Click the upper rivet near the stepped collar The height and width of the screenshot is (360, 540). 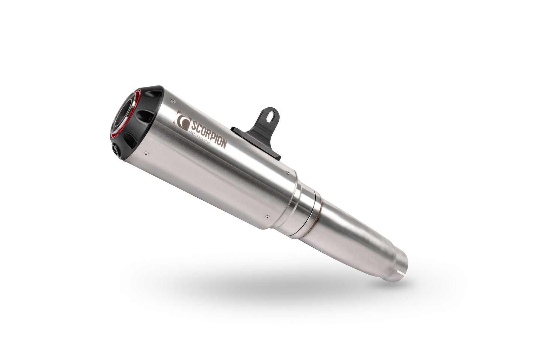pyautogui.click(x=287, y=172)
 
